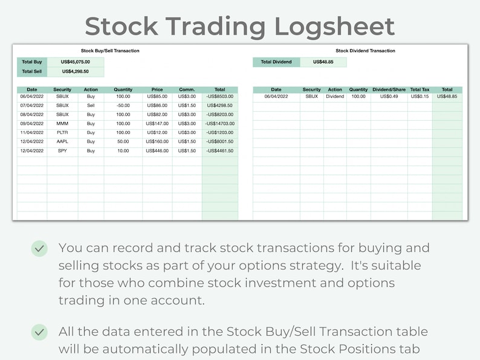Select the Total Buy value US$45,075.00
pos(76,62)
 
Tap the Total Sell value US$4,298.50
pos(76,71)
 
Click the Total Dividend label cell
pos(276,62)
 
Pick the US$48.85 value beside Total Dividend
pos(322,62)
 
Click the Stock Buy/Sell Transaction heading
pos(110,51)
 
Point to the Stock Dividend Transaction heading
pos(365,51)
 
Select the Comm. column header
pos(187,90)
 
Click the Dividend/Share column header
pos(389,90)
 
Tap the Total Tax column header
pos(420,90)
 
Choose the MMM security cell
pos(62,123)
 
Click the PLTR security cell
pos(62,132)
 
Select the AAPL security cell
pos(62,141)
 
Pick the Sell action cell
pos(91,105)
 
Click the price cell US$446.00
pos(157,150)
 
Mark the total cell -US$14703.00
pos(220,123)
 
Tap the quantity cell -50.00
pos(123,105)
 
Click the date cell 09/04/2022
pos(32,123)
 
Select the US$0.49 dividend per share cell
pos(389,97)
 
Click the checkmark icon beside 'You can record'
pos(39,248)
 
